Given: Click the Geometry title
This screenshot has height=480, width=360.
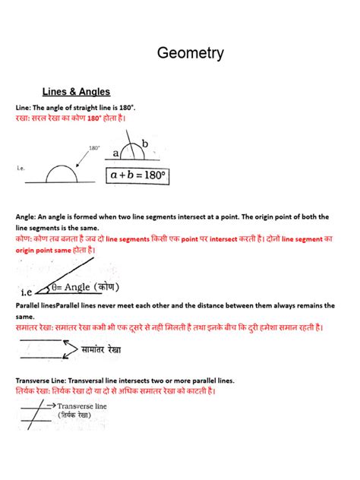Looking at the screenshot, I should click(190, 53).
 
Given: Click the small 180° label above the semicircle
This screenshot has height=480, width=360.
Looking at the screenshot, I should click(95, 148).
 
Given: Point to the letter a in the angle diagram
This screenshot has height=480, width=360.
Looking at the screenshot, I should click(116, 153).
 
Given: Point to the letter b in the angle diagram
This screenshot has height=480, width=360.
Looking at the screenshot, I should click(144, 144).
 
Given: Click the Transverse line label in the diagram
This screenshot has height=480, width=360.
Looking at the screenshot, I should click(82, 407).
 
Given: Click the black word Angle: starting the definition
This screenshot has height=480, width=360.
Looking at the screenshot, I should click(27, 216).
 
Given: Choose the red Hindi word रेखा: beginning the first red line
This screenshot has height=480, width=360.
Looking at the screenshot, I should click(25, 119).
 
